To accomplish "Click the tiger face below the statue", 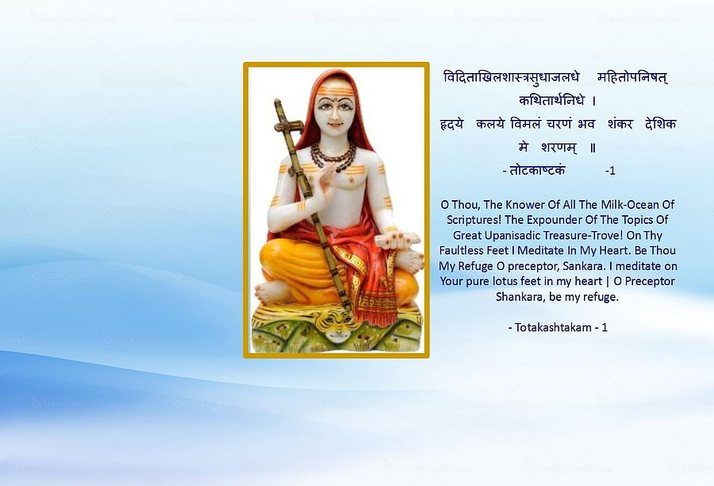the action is (x=338, y=326).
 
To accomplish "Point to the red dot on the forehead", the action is (x=334, y=97).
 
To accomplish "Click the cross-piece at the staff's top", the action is (x=289, y=125).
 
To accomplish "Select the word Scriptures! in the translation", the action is (x=474, y=220).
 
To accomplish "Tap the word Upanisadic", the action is (x=512, y=236).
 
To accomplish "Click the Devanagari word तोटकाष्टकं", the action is (x=537, y=171).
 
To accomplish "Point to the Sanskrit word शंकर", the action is (x=620, y=124).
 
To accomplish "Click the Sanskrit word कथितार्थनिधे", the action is (x=551, y=100).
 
